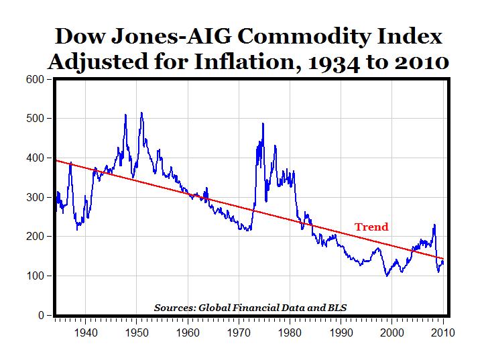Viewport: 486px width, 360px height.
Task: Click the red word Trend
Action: (371, 227)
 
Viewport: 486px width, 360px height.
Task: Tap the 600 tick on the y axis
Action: (35, 79)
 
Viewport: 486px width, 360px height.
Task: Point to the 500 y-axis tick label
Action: (35, 119)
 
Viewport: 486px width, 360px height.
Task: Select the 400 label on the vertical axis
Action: (35, 158)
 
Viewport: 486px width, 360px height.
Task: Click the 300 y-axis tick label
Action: (35, 197)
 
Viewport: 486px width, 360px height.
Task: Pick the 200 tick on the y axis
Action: (35, 237)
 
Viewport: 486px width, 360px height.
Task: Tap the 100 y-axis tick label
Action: (35, 276)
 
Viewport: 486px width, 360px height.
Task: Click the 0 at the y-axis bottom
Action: (41, 315)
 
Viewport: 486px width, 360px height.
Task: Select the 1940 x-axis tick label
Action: (84, 331)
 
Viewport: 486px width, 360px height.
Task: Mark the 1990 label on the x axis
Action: (341, 331)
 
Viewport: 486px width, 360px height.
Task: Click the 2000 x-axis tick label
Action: (392, 331)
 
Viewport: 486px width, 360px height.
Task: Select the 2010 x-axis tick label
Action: (443, 331)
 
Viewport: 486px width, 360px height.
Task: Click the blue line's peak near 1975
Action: (263, 123)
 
